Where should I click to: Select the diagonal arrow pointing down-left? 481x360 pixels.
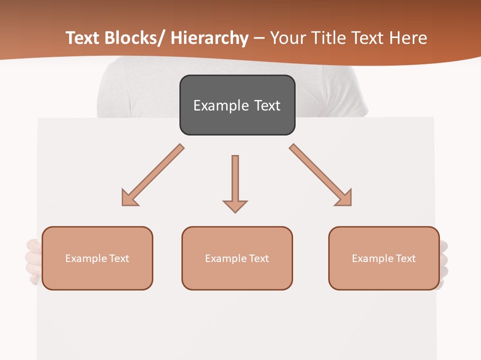tap(153, 175)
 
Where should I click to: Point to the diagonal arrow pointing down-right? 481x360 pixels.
tap(321, 175)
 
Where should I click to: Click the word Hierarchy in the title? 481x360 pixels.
tap(209, 38)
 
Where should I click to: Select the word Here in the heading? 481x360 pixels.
tap(408, 38)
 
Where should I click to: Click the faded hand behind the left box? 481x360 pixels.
tap(33, 260)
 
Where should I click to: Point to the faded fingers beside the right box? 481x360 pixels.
tap(443, 260)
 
